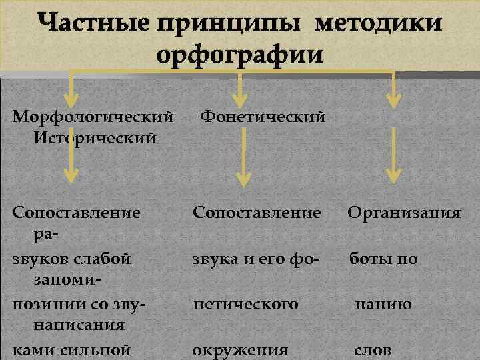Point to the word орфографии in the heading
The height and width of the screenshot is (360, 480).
(x=241, y=53)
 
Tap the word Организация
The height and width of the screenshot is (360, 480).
(x=403, y=213)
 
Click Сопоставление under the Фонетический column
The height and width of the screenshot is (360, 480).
(x=257, y=213)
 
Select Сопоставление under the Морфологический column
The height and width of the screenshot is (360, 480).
(x=77, y=213)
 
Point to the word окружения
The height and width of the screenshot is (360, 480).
(x=240, y=350)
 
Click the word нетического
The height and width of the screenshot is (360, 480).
(x=246, y=305)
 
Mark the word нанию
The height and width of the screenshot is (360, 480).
(x=383, y=305)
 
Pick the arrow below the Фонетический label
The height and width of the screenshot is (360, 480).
(x=243, y=175)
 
